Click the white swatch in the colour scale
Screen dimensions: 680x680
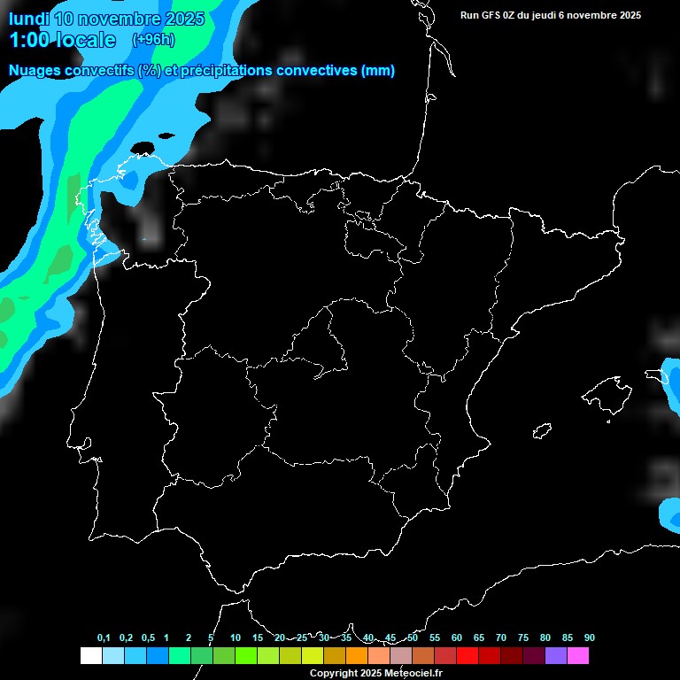[x=90, y=656]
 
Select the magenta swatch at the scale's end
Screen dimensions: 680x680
[x=577, y=656]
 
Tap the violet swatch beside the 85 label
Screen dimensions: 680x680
[x=555, y=656]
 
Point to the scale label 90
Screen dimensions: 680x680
[x=589, y=638]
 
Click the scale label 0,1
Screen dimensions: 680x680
[x=104, y=638]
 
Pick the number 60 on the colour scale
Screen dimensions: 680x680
[x=456, y=638]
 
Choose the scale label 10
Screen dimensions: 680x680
[x=235, y=638]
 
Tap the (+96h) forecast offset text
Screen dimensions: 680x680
[x=153, y=40]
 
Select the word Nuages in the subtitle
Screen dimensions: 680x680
[x=35, y=71]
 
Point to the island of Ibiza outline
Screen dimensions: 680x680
[x=543, y=429]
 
